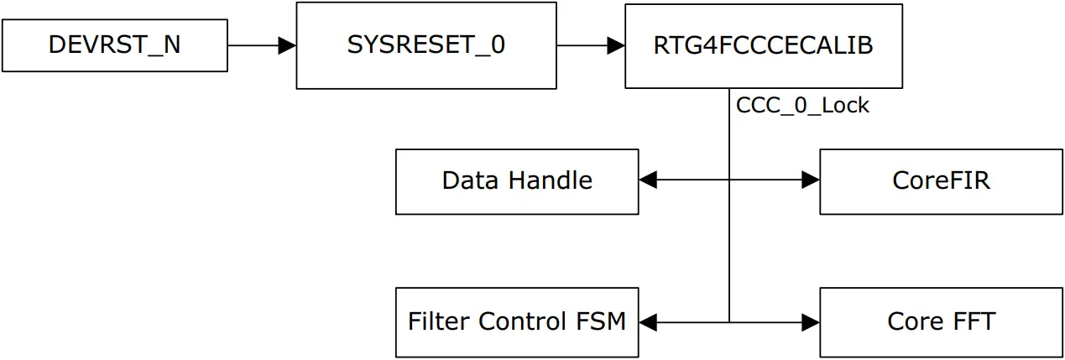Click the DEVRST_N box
[114, 45]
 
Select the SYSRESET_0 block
[425, 45]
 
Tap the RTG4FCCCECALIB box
[763, 45]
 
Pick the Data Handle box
[516, 181]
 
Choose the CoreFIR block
[940, 181]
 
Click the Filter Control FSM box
[516, 321]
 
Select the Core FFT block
[940, 321]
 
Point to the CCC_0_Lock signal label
[802, 107]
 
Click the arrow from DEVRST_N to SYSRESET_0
[261, 45]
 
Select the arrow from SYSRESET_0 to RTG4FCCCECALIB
[590, 45]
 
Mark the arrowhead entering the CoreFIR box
[811, 179]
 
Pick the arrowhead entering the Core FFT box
[811, 321]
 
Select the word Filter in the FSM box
[439, 321]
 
